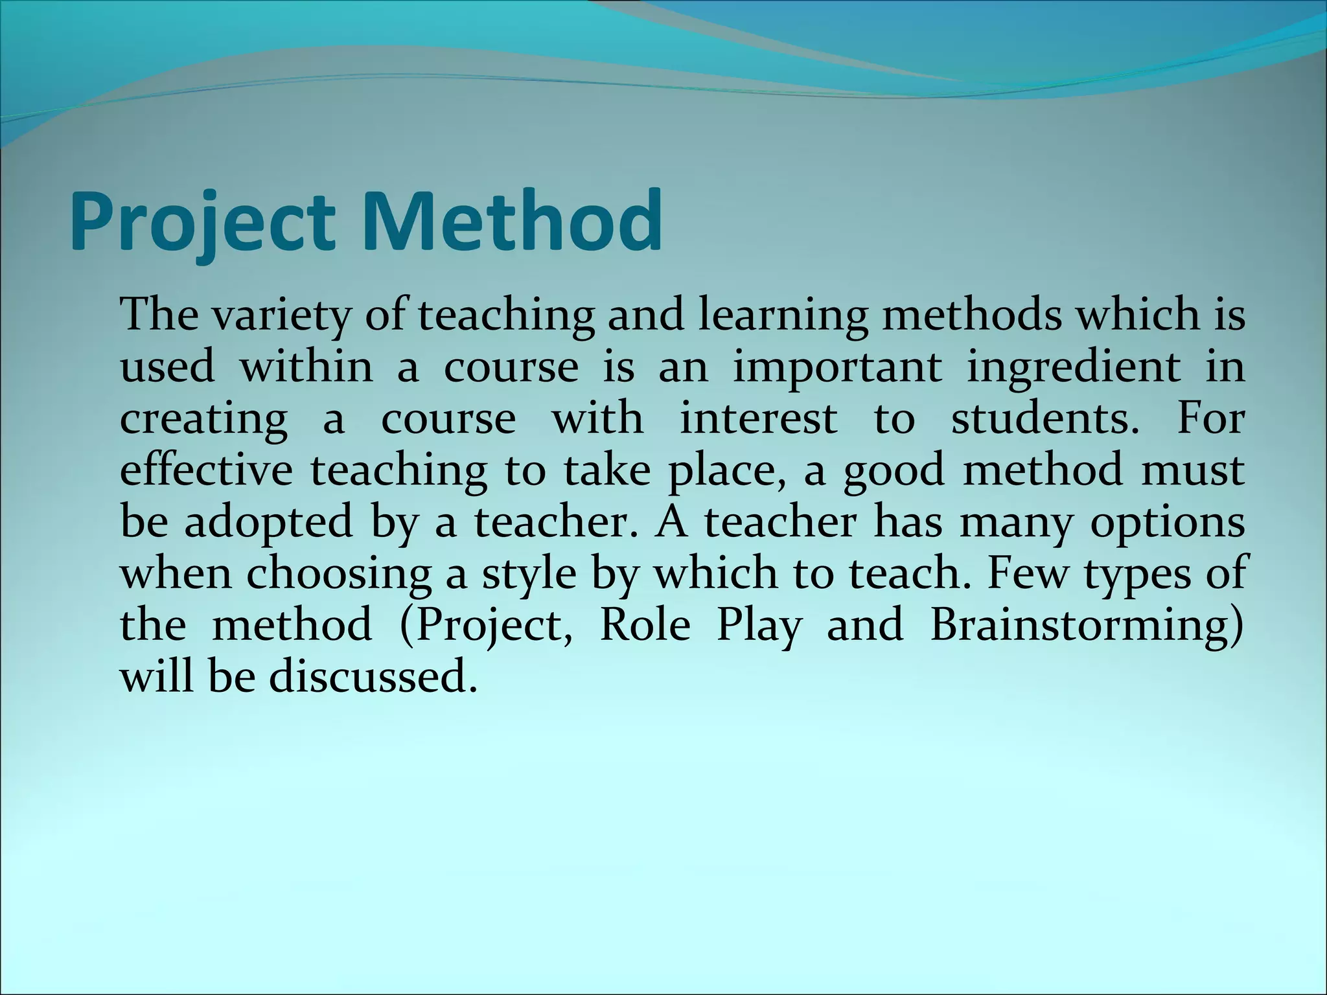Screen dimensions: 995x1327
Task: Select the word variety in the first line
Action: pyautogui.click(x=279, y=316)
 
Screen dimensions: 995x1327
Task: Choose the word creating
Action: pyautogui.click(x=203, y=420)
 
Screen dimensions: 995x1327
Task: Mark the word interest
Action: pyautogui.click(x=758, y=418)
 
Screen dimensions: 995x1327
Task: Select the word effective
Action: pyautogui.click(x=206, y=470)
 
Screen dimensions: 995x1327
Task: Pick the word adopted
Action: pyautogui.click(x=268, y=522)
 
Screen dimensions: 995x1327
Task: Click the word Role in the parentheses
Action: pyautogui.click(x=645, y=625)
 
